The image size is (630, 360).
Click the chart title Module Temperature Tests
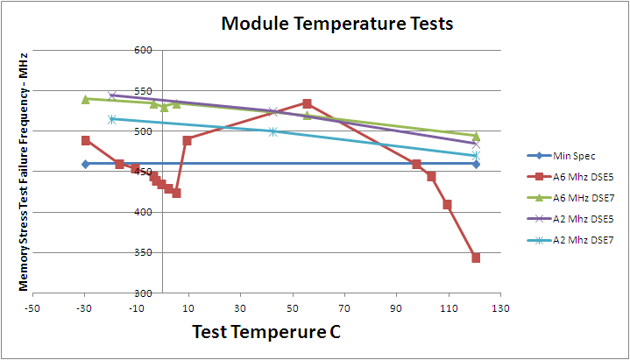337,24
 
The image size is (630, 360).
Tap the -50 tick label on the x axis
32,308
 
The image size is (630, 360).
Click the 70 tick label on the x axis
344,308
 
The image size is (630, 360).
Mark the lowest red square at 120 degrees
476,258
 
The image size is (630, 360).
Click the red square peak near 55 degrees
307,103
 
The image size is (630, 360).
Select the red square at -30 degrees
85,140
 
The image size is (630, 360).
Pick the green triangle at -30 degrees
85,99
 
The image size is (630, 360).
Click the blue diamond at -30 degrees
85,164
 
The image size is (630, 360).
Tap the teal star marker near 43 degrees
273,131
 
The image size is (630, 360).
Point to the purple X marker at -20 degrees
112,95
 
